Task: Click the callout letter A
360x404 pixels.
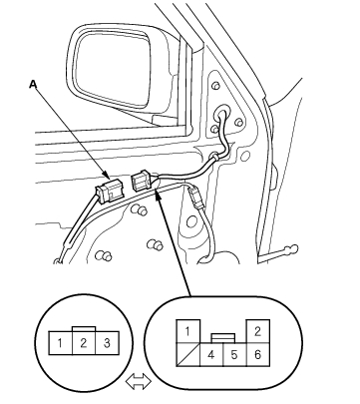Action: (x=33, y=84)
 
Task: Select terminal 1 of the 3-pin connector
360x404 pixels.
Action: (x=60, y=343)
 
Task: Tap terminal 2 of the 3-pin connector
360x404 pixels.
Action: (x=84, y=343)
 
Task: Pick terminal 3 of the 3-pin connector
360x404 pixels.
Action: (x=107, y=343)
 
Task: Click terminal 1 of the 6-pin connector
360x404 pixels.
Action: (x=187, y=331)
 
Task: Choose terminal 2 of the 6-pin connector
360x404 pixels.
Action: (x=257, y=331)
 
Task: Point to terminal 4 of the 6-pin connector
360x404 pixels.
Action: (x=211, y=355)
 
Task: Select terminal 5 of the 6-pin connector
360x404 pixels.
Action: (x=234, y=355)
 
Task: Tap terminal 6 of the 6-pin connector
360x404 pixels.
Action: (x=258, y=355)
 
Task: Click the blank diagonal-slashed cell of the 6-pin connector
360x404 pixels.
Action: (x=187, y=355)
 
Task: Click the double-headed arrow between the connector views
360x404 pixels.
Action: (x=139, y=381)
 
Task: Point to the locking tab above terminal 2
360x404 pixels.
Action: (x=84, y=329)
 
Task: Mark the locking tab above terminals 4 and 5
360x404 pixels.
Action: (x=223, y=338)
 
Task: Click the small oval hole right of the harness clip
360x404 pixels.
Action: (x=245, y=156)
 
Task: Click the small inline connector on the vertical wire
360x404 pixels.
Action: (x=195, y=198)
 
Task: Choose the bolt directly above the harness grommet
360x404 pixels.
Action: (x=215, y=86)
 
